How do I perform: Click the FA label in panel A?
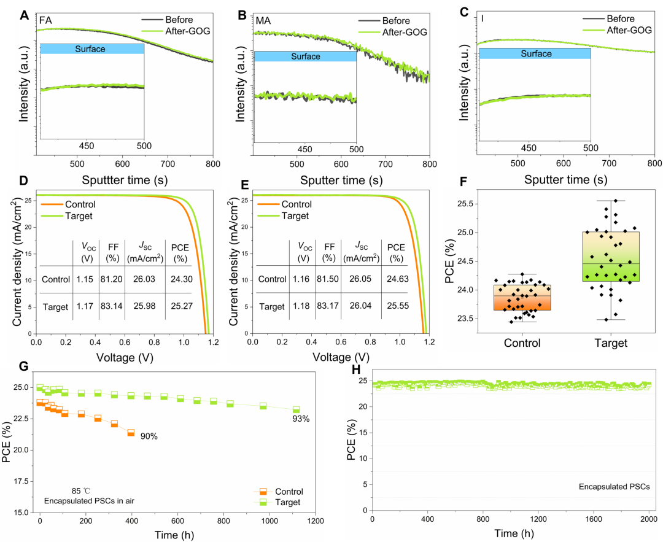click(45, 20)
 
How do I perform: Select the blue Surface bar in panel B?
click(305, 56)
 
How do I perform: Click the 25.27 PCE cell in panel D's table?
click(179, 306)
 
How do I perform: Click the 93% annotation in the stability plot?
click(300, 419)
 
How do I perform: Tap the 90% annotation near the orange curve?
click(149, 436)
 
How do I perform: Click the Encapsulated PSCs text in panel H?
click(610, 487)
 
